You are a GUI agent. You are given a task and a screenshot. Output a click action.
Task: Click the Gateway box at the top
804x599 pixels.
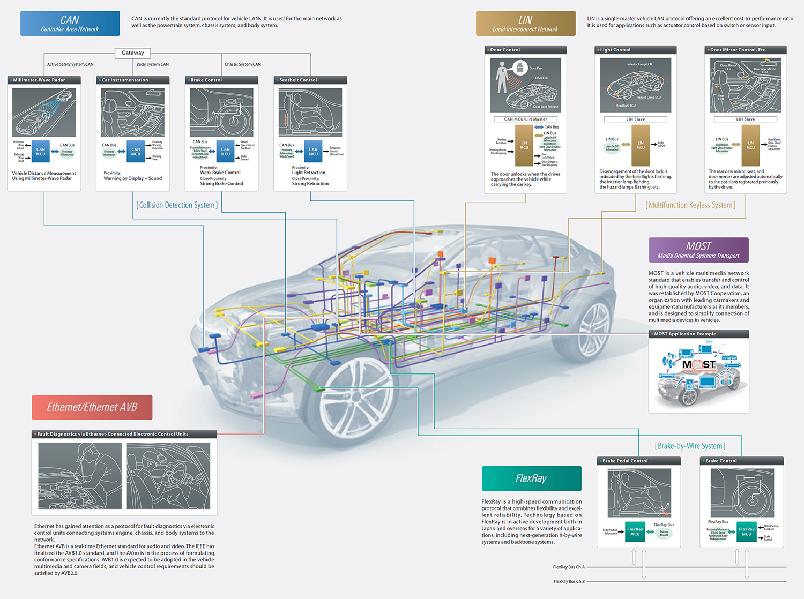pyautogui.click(x=132, y=53)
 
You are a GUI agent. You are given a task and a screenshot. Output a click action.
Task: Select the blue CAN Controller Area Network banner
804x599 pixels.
pyautogui.click(x=70, y=24)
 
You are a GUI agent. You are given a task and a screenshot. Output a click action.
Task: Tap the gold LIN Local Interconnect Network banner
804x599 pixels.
pyautogui.click(x=525, y=24)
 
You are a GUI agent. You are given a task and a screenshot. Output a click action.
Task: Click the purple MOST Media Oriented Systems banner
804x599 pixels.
pyautogui.click(x=698, y=250)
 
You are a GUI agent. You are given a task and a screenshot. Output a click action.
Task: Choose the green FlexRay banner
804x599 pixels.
pyautogui.click(x=531, y=478)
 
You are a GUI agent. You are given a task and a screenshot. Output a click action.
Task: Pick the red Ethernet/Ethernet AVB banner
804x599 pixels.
pyautogui.click(x=92, y=407)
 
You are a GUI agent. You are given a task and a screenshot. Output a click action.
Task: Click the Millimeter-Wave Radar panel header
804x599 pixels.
pyautogui.click(x=44, y=80)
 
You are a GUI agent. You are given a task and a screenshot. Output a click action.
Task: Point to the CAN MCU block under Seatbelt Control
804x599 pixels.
pyautogui.click(x=313, y=152)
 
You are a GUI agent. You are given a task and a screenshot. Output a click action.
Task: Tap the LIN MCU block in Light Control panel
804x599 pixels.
pyautogui.click(x=641, y=145)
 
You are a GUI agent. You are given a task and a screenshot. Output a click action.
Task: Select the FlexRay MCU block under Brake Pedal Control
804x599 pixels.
pyautogui.click(x=635, y=531)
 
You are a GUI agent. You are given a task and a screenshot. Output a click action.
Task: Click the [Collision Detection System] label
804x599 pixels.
pyautogui.click(x=177, y=205)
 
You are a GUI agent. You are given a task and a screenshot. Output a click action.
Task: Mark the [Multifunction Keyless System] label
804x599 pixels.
pyautogui.click(x=690, y=205)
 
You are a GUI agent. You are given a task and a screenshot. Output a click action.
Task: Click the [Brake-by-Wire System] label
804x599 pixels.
pyautogui.click(x=690, y=446)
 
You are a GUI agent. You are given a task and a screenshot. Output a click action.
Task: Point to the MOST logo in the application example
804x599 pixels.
pyautogui.click(x=698, y=364)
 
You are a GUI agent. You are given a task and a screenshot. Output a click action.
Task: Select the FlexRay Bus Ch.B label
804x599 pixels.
pyautogui.click(x=569, y=581)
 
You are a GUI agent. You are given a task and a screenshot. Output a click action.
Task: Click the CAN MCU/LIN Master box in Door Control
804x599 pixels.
pyautogui.click(x=525, y=119)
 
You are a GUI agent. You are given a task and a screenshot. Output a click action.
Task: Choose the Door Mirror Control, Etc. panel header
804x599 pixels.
pyautogui.click(x=745, y=50)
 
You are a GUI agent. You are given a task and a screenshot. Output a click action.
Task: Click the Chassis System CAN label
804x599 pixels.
pyautogui.click(x=242, y=64)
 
